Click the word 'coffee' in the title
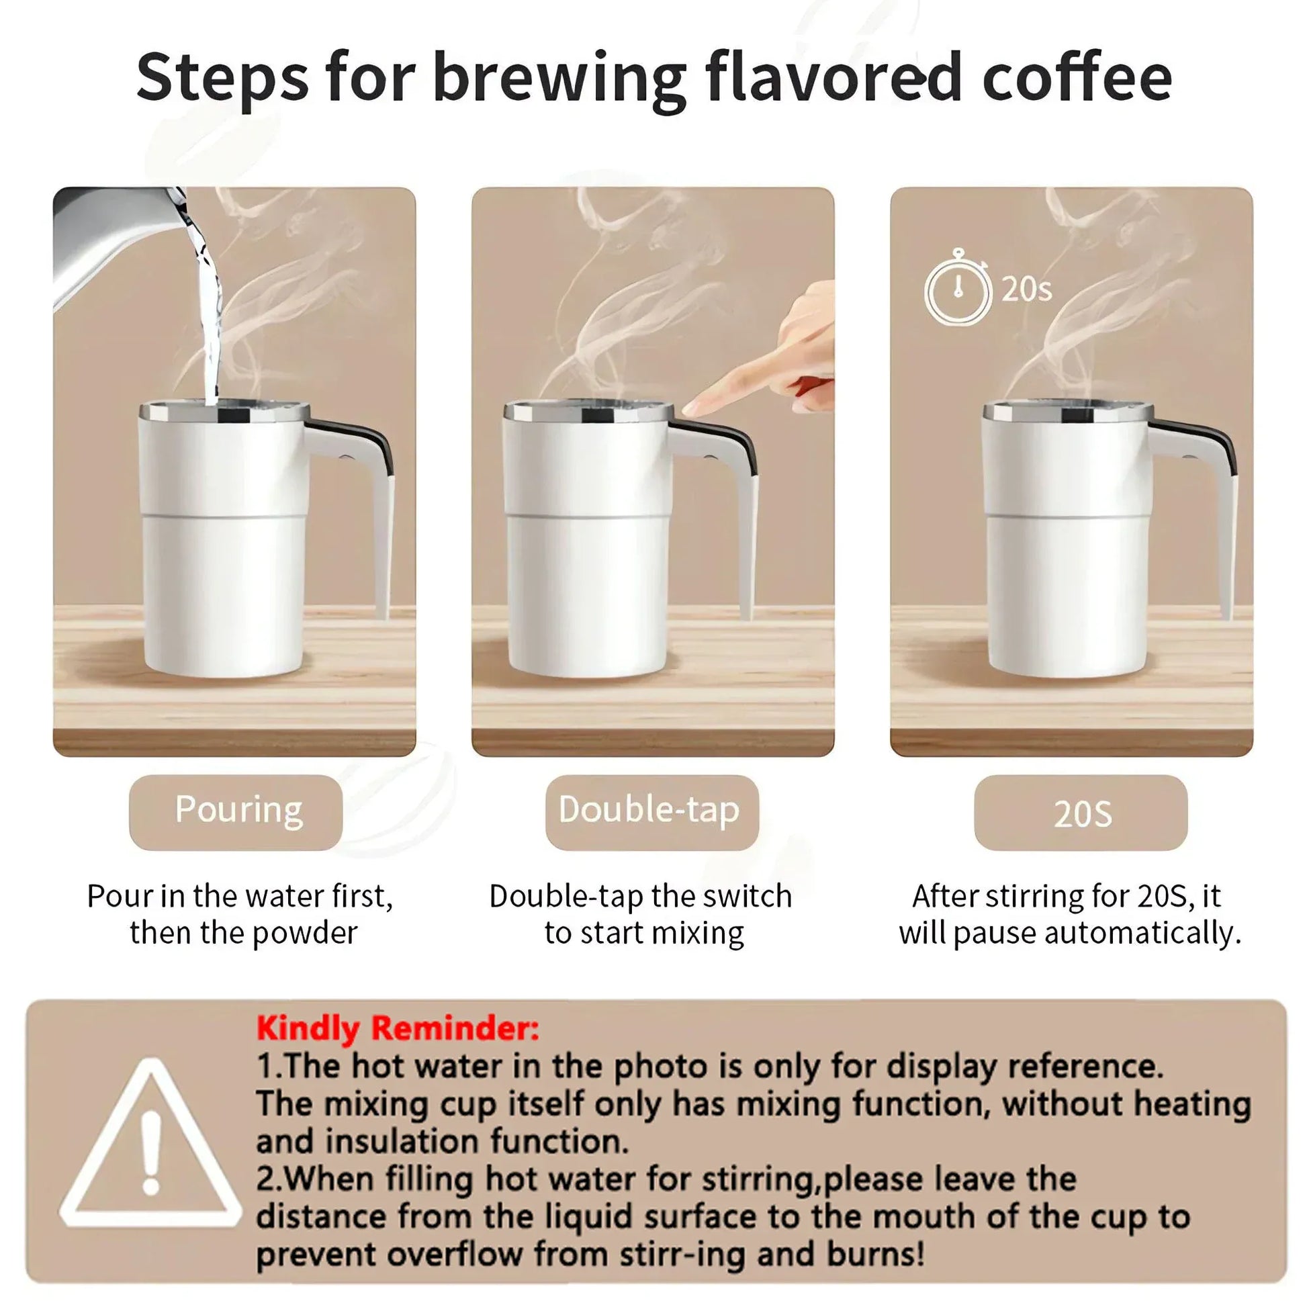tap(1077, 78)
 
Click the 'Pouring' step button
tap(236, 812)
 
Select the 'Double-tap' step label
tap(651, 812)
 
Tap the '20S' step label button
tap(1081, 813)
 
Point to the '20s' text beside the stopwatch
tap(1026, 290)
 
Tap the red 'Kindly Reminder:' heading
tap(398, 1029)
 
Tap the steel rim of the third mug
tap(1067, 410)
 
